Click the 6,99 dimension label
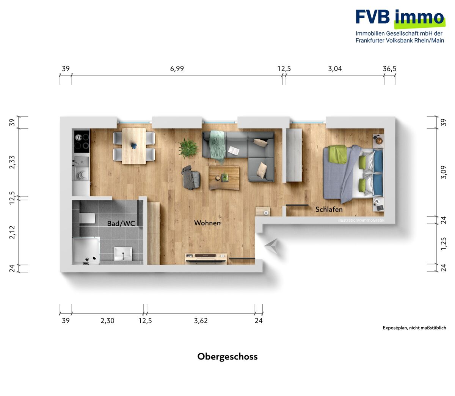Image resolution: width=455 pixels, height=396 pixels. tap(177, 69)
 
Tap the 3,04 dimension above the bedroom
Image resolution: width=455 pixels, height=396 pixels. tap(335, 69)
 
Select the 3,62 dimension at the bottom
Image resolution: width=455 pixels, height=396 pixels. tap(201, 320)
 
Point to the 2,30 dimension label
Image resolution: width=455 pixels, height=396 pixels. tap(107, 320)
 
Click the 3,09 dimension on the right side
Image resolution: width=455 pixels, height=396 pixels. tap(444, 172)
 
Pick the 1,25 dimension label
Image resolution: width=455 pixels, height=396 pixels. tap(444, 243)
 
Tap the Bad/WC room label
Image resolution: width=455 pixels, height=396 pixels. tap(121, 223)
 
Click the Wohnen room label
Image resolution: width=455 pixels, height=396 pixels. tap(207, 223)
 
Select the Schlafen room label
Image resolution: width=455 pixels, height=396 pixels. tap(329, 209)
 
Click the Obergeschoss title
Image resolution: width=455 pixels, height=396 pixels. tap(227, 357)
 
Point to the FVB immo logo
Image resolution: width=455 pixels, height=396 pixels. tap(400, 26)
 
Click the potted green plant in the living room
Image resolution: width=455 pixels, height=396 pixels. tap(188, 148)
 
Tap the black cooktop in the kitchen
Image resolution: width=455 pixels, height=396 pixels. tap(82, 141)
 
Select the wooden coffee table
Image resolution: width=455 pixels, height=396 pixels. tap(224, 178)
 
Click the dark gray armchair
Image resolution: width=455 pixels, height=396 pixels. tap(191, 178)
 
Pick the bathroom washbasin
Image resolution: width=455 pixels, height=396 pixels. tap(123, 254)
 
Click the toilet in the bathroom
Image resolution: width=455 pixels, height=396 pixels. tap(87, 218)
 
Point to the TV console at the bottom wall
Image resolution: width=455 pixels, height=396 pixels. tap(206, 259)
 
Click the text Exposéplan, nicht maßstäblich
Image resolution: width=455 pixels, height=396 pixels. tap(414, 328)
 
